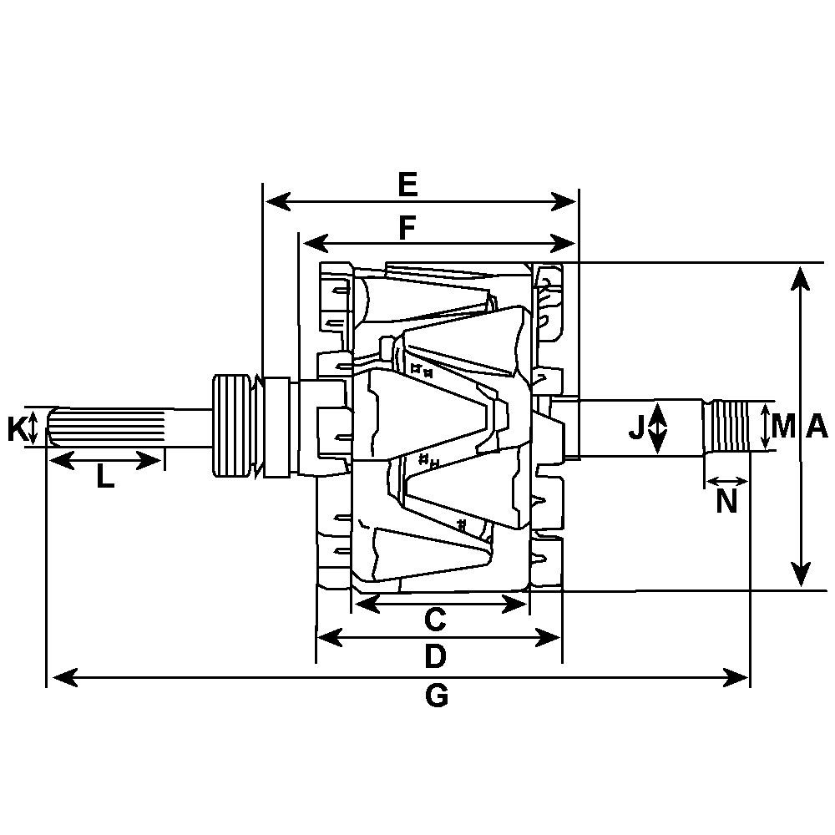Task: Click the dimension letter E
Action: [x=407, y=185]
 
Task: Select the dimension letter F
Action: [x=407, y=228]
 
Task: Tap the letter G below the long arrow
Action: [x=437, y=696]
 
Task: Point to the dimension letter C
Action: [x=435, y=620]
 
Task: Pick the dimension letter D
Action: [x=435, y=657]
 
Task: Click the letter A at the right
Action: [x=817, y=427]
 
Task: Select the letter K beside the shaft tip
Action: [x=17, y=429]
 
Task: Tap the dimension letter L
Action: [x=104, y=478]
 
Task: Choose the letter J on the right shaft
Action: [x=637, y=429]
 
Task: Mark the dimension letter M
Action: [x=783, y=427]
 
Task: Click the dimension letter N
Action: [x=727, y=502]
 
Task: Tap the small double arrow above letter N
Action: [x=727, y=482]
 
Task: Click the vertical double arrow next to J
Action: [x=658, y=427]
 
